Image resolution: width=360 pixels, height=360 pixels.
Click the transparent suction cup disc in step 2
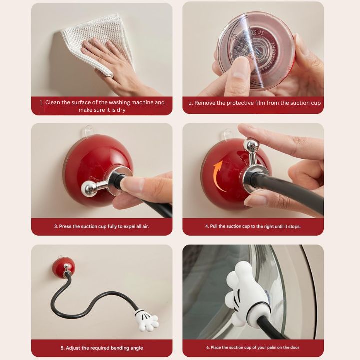click(255, 50)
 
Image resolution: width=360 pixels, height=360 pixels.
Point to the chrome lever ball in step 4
click(251, 145)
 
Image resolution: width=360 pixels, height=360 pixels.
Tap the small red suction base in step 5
click(63, 269)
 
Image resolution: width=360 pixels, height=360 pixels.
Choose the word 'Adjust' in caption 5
click(74, 348)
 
